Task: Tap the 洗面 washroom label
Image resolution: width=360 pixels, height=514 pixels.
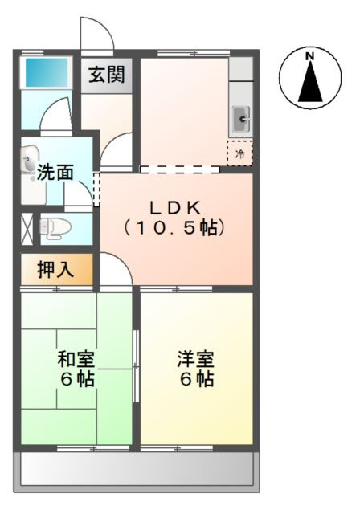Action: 55,172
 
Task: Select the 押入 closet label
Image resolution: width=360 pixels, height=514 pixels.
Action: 55,270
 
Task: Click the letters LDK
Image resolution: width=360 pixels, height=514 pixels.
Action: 175,205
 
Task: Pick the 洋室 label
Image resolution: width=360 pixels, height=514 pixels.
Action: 196,360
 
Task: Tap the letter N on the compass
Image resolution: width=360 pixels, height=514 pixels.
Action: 309,56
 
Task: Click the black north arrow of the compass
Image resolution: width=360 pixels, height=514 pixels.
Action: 309,83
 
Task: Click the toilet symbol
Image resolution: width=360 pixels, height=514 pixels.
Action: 54,226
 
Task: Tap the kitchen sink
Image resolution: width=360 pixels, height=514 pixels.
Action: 241,120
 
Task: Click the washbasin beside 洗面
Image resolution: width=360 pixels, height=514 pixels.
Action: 30,156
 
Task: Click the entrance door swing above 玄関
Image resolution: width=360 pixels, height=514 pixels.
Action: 93,34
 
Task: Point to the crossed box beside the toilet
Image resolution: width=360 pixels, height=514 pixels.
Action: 26,227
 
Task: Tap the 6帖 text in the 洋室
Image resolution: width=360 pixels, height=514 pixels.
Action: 196,380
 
